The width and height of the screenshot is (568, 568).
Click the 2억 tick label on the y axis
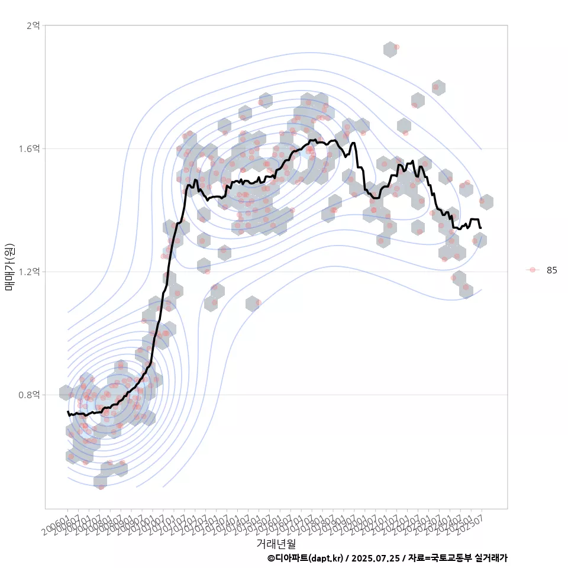[x=33, y=25]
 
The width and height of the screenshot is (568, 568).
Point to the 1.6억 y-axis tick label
[x=30, y=149]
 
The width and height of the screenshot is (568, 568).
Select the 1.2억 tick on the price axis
[x=30, y=272]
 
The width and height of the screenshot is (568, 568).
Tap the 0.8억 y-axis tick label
[x=30, y=395]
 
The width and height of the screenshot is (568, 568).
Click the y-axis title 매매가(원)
[x=10, y=267]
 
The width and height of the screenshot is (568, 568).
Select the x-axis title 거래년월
[x=276, y=543]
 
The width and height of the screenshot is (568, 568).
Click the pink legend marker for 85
[x=532, y=270]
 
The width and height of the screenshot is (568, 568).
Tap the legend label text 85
[x=552, y=270]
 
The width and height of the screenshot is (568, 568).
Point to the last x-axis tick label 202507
[x=473, y=521]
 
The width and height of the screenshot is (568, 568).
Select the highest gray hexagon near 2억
[x=390, y=50]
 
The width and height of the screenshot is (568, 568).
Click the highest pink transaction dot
[x=396, y=47]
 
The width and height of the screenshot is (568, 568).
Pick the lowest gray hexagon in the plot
[x=101, y=482]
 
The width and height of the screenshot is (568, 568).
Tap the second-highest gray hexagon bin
[x=438, y=88]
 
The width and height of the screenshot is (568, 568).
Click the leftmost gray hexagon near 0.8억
[x=66, y=392]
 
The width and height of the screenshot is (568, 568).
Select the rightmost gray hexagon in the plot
[x=486, y=202]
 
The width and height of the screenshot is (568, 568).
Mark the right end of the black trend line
[x=480, y=228]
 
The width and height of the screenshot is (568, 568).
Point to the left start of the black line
[x=68, y=411]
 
